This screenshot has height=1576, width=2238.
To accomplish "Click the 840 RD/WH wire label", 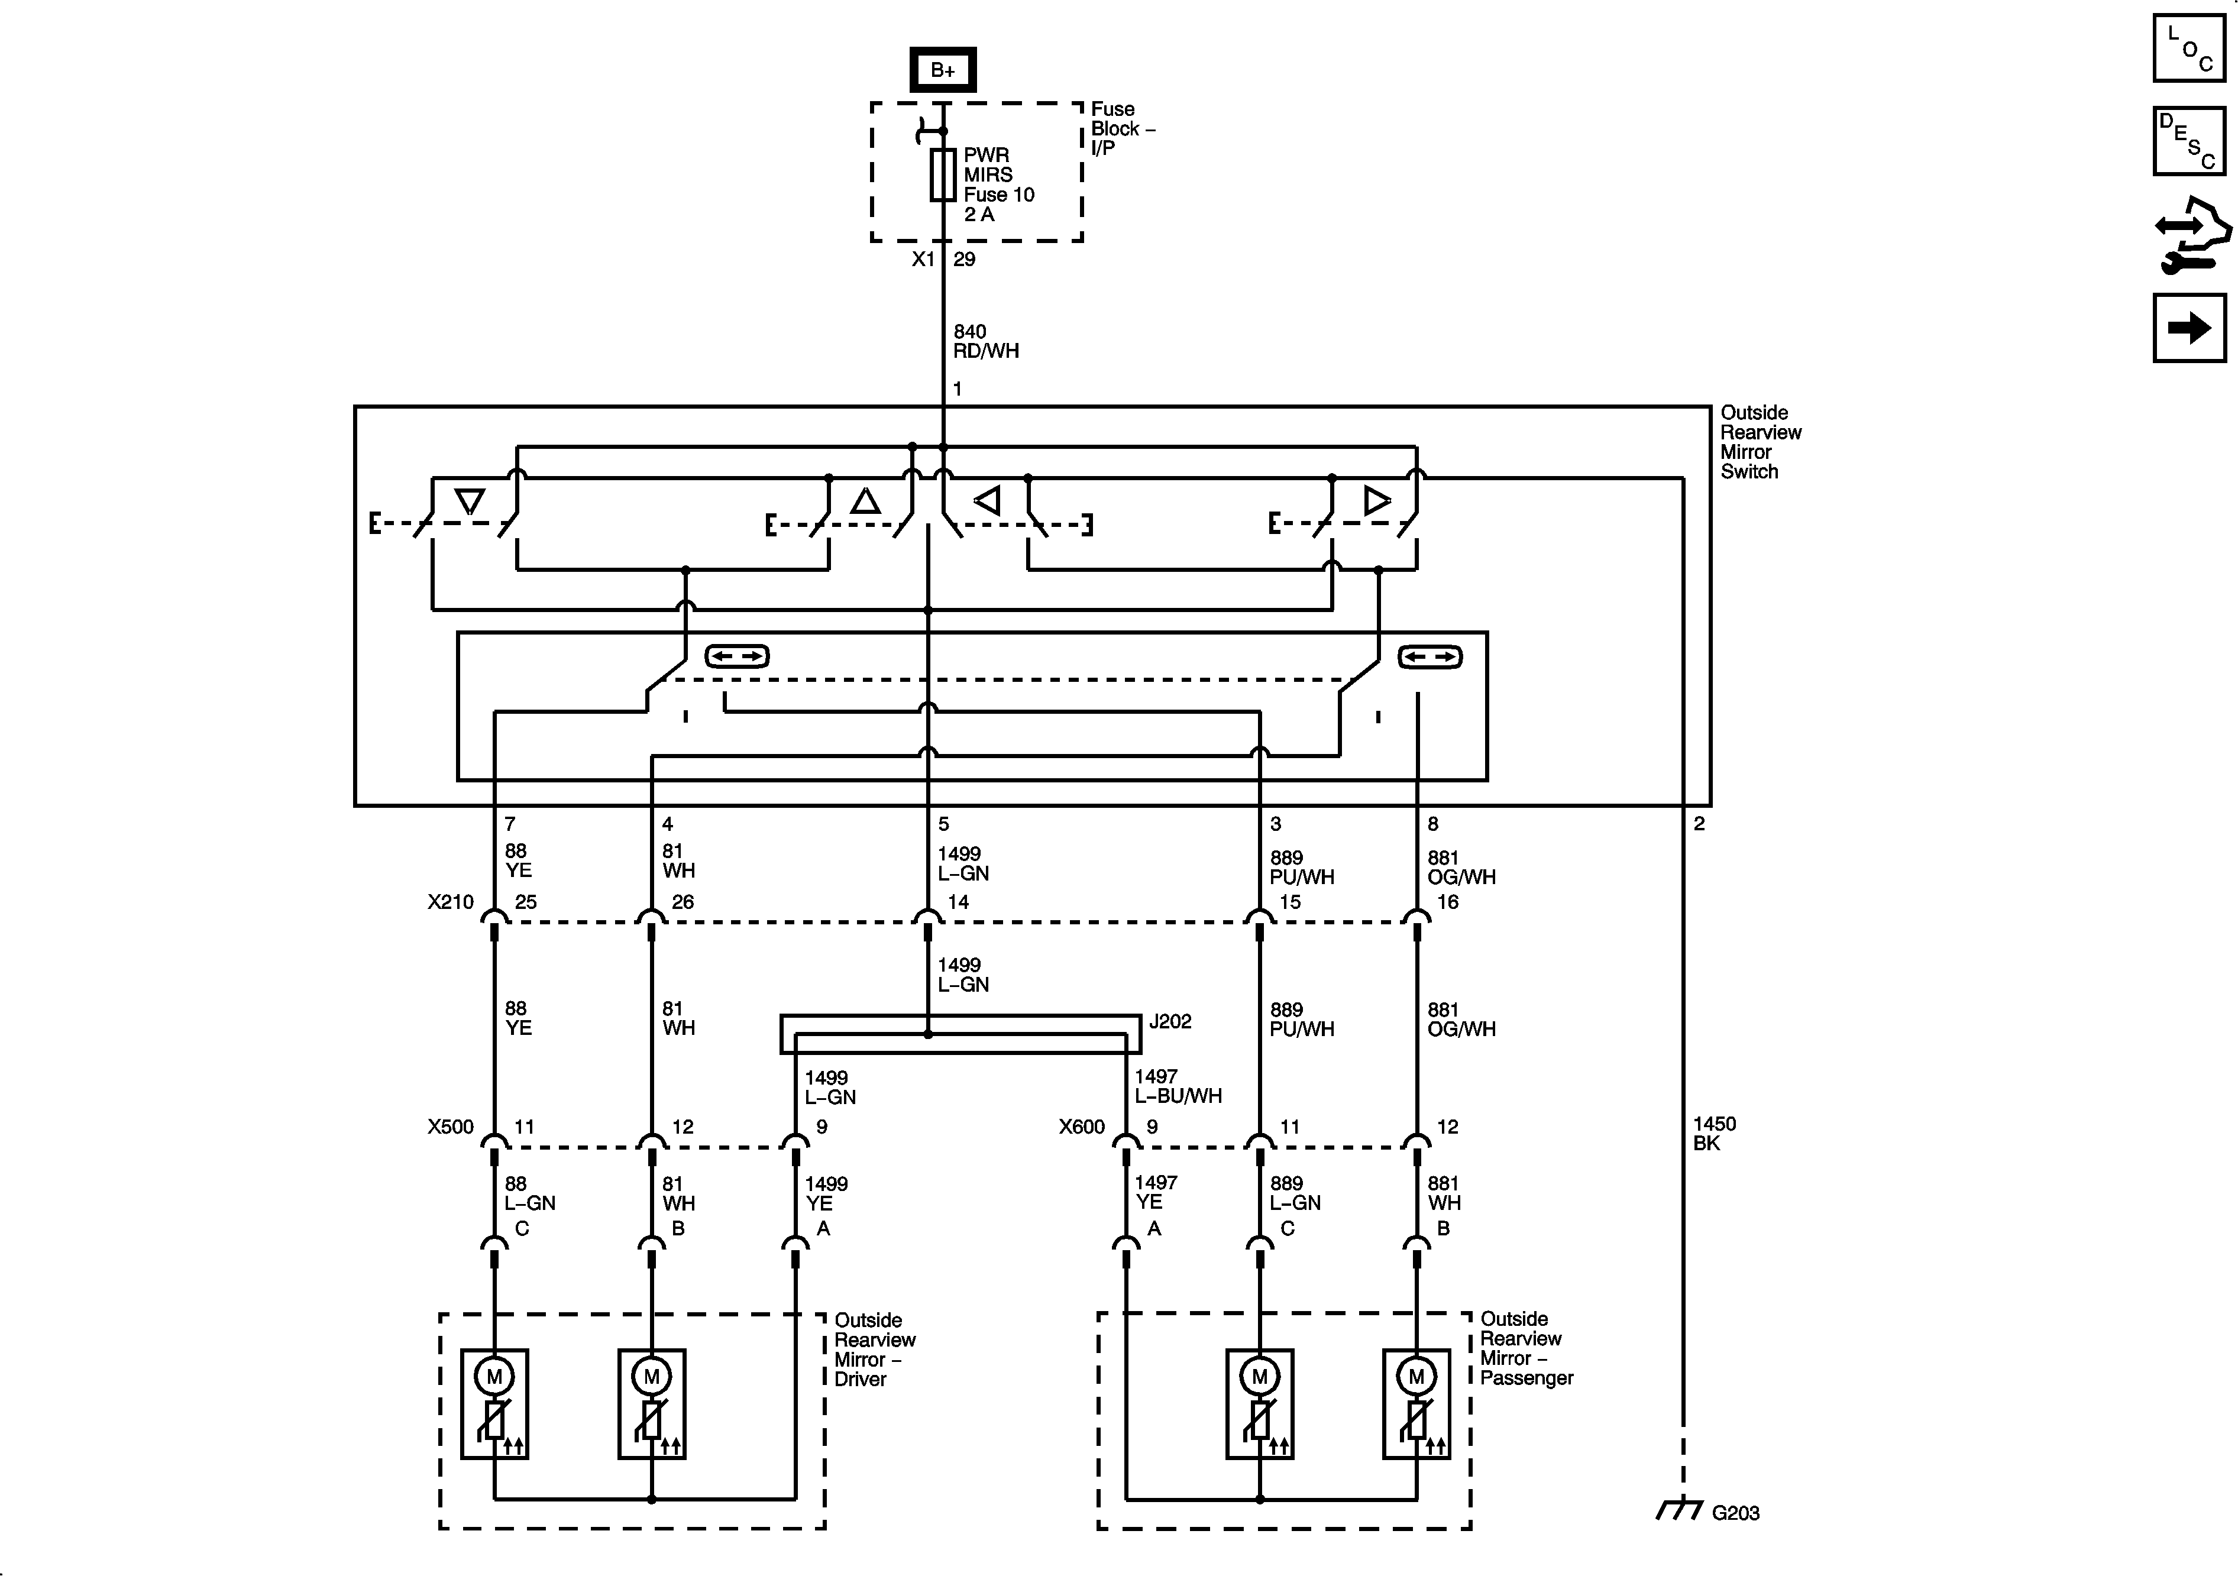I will coord(985,341).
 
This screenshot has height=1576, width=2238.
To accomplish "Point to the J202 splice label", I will coord(1170,1021).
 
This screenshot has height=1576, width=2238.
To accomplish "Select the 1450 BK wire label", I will coord(1713,1134).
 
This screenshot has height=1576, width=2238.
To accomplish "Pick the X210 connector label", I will coord(450,902).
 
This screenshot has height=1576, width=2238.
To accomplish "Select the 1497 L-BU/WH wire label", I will coord(1176,1086).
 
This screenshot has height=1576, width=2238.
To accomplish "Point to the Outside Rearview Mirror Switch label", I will coord(1760,442).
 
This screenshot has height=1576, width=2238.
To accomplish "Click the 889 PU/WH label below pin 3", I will coord(1301,868).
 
